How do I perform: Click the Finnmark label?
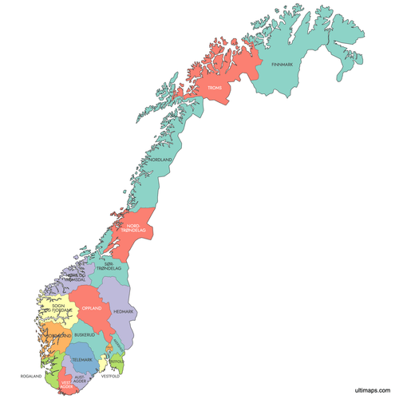(x=282, y=65)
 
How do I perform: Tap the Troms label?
(x=215, y=88)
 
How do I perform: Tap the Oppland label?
(x=92, y=308)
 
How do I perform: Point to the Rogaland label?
(x=30, y=374)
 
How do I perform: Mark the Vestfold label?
(x=110, y=375)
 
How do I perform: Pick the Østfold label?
(x=116, y=361)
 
